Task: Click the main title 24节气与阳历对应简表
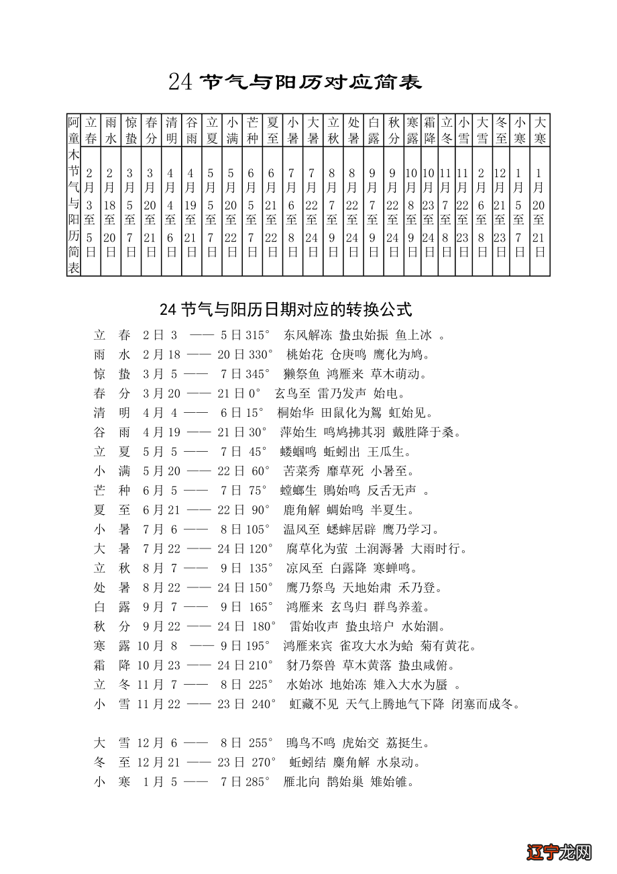click(295, 82)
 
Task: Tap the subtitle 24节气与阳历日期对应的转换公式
click(286, 309)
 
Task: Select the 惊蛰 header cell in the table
click(131, 130)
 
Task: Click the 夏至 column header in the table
click(272, 130)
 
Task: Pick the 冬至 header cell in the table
click(500, 130)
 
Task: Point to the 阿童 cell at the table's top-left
click(74, 130)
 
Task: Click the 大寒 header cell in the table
click(540, 130)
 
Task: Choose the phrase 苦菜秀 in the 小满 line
click(302, 471)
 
